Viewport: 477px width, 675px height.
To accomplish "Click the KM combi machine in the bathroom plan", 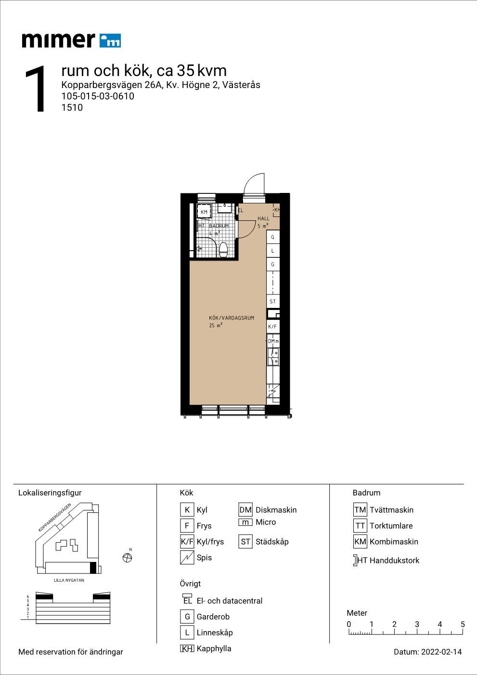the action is (x=204, y=212).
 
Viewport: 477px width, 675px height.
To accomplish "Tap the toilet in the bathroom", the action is (x=223, y=250).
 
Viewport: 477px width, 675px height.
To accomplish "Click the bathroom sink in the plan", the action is (x=225, y=208).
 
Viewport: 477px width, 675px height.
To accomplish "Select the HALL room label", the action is (x=263, y=218).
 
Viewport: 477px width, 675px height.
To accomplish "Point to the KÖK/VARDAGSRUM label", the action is (x=231, y=318).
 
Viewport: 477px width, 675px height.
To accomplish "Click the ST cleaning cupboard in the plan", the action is (x=273, y=301).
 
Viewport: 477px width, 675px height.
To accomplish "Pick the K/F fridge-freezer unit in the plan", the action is (x=273, y=327).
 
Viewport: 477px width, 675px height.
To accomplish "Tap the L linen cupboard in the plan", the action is (x=273, y=251).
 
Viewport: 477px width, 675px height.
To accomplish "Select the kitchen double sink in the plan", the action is (x=273, y=357).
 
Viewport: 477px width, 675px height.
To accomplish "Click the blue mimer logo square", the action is (x=110, y=41).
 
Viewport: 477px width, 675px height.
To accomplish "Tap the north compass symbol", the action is (x=127, y=558).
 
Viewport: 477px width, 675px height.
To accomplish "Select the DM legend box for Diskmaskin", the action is (x=245, y=509).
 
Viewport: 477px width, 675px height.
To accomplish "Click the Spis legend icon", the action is (x=187, y=557).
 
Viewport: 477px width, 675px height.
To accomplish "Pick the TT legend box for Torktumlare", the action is (x=361, y=525).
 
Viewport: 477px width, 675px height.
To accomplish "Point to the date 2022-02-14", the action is (x=441, y=652).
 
